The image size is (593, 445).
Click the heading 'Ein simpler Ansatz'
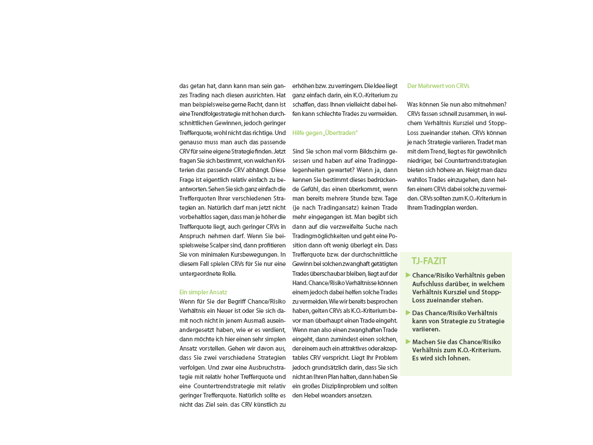(203, 293)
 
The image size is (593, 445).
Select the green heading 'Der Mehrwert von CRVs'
(438, 86)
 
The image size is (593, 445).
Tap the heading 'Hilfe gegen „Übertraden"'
(325, 133)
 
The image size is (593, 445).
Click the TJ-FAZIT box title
(429, 261)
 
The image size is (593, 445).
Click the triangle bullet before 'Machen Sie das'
(408, 342)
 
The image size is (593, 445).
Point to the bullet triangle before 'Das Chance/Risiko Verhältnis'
(408, 313)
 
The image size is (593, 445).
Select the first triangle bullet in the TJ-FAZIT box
(408, 275)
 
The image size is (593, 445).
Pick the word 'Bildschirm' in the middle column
(363, 151)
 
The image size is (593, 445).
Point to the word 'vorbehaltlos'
(197, 208)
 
